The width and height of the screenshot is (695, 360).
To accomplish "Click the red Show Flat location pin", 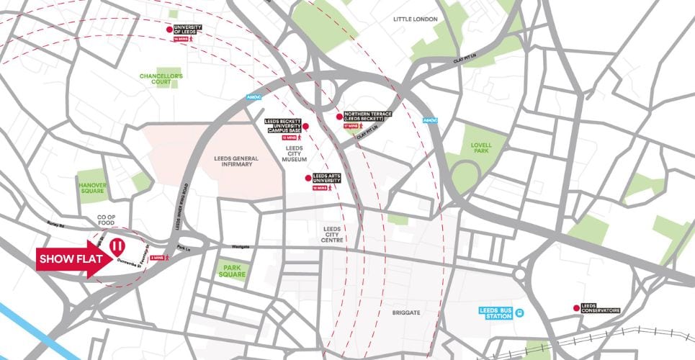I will [x=115, y=247].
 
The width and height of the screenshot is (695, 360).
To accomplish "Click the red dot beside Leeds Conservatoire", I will [x=575, y=308].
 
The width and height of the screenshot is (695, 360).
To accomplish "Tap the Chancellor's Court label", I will [x=161, y=78].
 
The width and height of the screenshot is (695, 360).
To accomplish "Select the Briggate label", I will [x=405, y=313].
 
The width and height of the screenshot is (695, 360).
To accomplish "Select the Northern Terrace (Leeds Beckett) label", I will [x=368, y=116].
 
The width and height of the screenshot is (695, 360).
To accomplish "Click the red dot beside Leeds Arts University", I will [x=308, y=178].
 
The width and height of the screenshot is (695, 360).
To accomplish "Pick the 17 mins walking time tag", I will [x=350, y=126].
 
